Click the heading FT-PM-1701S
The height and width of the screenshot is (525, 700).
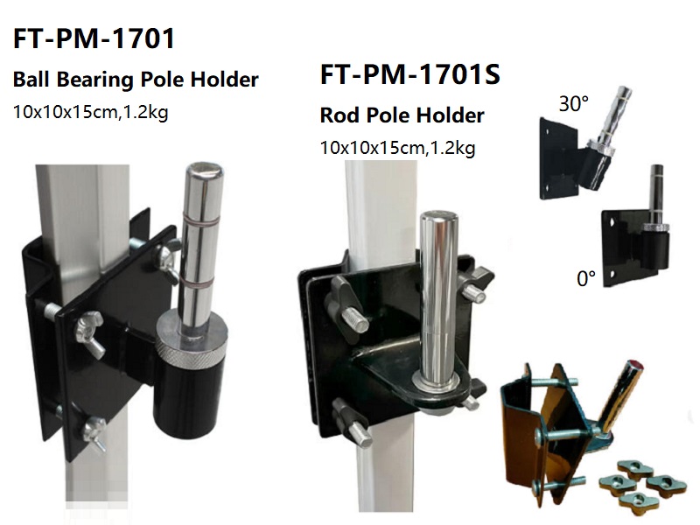pos(410,75)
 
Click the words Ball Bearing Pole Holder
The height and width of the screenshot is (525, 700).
pos(135,80)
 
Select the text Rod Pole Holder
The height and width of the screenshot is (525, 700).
pos(402,115)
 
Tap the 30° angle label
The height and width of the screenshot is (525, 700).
pos(573,104)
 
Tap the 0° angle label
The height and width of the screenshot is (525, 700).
pos(585,279)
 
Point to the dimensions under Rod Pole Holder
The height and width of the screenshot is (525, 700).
pos(398,148)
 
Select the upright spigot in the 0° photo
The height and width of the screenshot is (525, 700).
pos(655,192)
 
